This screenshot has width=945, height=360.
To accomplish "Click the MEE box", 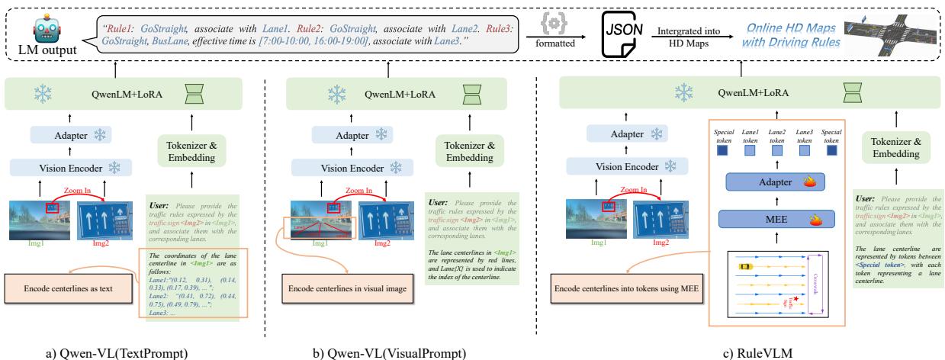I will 776,220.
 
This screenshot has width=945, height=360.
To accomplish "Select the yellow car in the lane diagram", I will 744,266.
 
